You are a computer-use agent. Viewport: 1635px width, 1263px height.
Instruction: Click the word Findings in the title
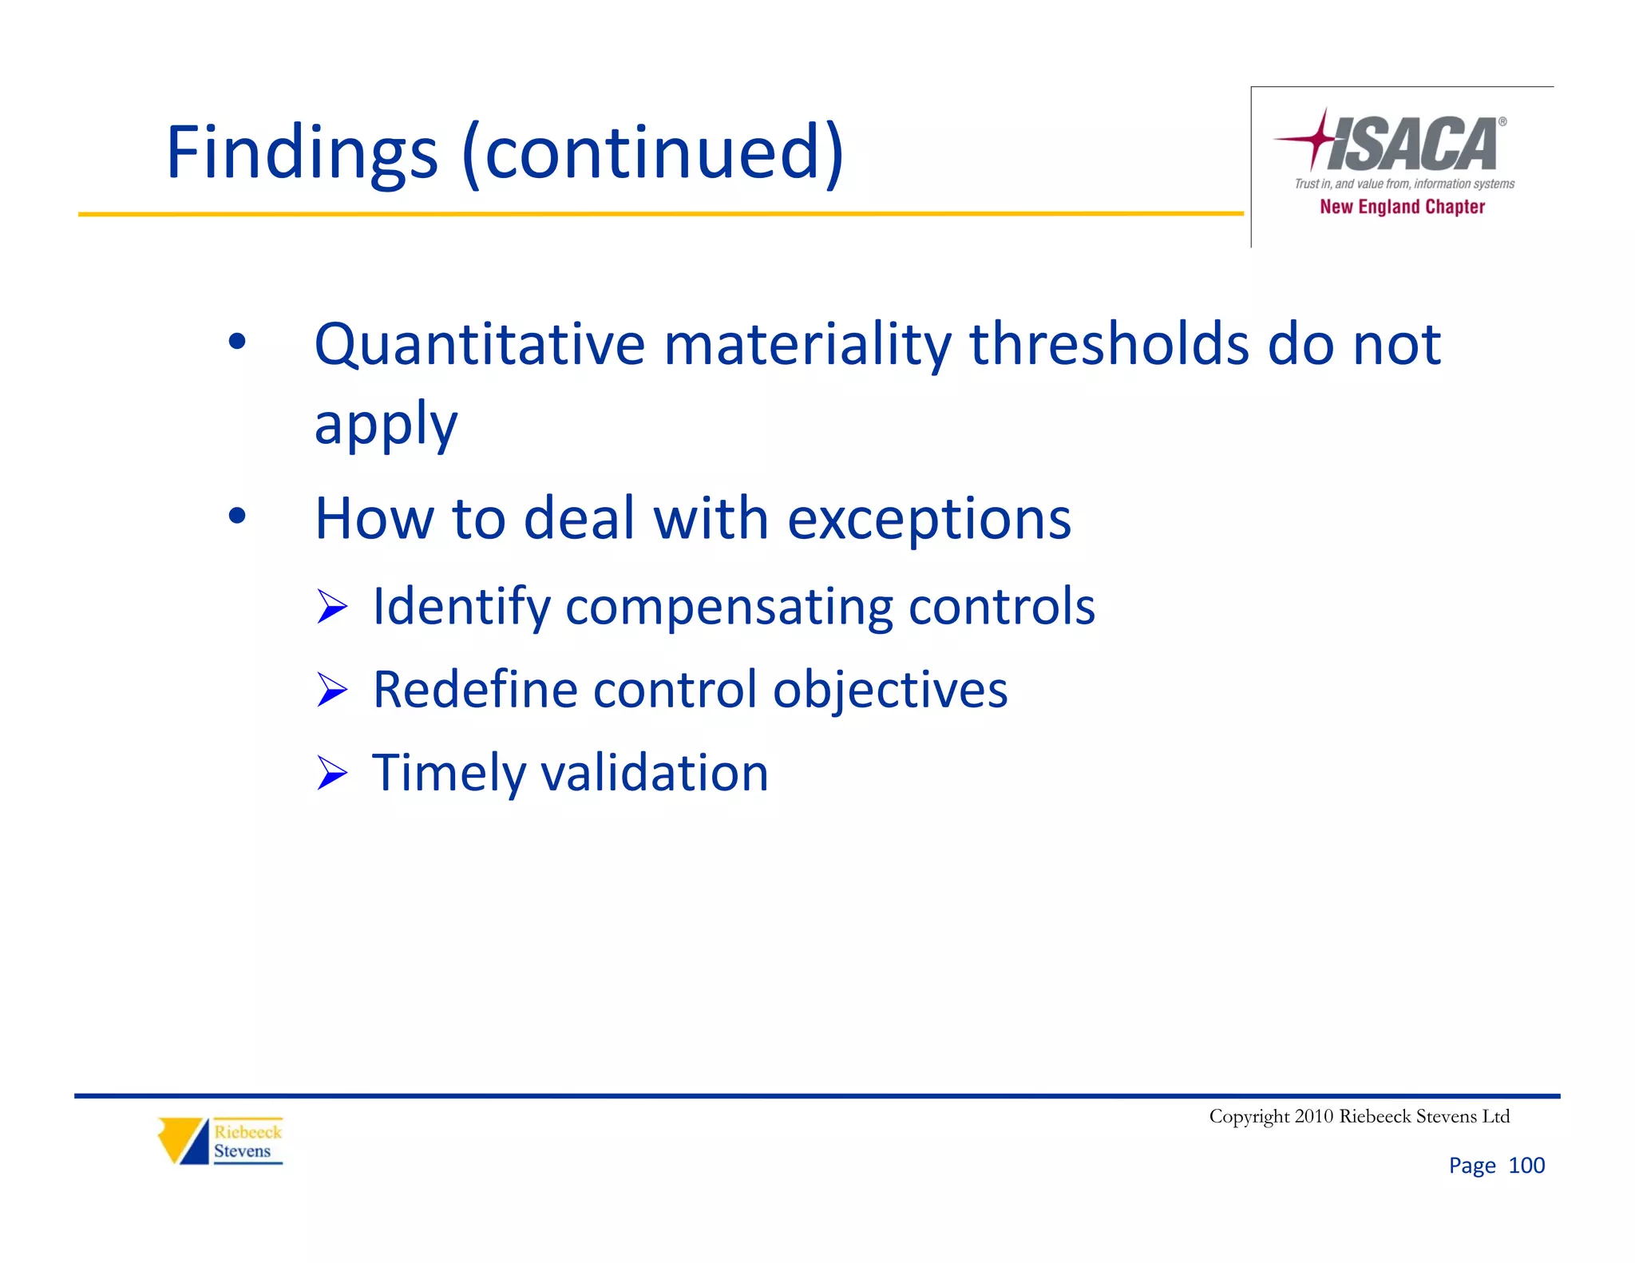pyautogui.click(x=302, y=153)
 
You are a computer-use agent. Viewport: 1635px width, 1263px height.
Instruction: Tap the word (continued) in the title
pyautogui.click(x=653, y=153)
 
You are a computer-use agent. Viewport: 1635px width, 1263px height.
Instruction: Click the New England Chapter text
pyautogui.click(x=1402, y=207)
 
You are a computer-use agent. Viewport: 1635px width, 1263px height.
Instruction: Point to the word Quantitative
pyautogui.click(x=479, y=345)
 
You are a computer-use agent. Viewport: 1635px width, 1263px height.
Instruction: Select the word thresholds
pyautogui.click(x=1109, y=345)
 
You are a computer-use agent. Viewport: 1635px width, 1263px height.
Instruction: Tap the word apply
pyautogui.click(x=386, y=425)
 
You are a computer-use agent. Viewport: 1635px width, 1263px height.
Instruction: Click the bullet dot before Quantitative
pyautogui.click(x=237, y=342)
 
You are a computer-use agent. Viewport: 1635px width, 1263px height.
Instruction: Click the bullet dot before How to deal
pyautogui.click(x=237, y=516)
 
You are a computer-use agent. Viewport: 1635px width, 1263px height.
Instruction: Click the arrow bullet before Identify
pyautogui.click(x=332, y=607)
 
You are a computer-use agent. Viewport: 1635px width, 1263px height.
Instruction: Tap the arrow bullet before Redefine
pyautogui.click(x=332, y=690)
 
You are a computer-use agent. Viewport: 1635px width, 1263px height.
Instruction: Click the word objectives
pyautogui.click(x=889, y=690)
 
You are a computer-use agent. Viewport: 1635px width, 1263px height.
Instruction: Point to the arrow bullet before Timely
pyautogui.click(x=332, y=773)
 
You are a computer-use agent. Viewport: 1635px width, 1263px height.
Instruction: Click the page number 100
pyautogui.click(x=1526, y=1166)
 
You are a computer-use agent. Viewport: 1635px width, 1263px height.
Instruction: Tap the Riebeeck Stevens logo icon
pyautogui.click(x=183, y=1141)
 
